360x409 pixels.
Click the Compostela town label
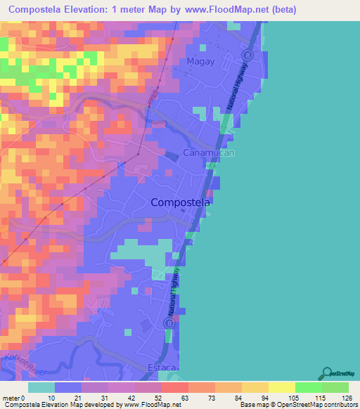(181, 202)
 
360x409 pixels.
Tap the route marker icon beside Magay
(247, 55)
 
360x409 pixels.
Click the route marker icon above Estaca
(169, 323)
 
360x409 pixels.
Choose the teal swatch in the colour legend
(41, 387)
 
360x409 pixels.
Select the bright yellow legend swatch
(282, 387)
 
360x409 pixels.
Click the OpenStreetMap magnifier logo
(327, 373)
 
